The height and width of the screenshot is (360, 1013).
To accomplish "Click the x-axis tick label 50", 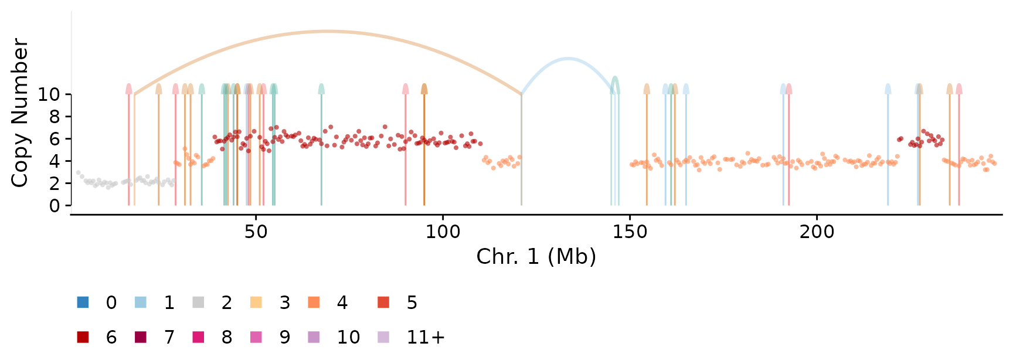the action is pyautogui.click(x=256, y=232).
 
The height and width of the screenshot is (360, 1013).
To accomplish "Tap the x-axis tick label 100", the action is pyautogui.click(x=443, y=232).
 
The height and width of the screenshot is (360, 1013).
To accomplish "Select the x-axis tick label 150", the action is pyautogui.click(x=630, y=232).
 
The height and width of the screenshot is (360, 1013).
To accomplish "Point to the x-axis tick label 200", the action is pyautogui.click(x=817, y=232).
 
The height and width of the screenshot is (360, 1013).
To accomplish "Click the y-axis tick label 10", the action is pyautogui.click(x=49, y=94).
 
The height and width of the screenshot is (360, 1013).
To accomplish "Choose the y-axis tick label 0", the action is pyautogui.click(x=55, y=206).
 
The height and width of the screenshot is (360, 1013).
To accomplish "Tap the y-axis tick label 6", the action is pyautogui.click(x=55, y=139).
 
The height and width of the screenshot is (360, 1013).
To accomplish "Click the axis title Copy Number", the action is pyautogui.click(x=19, y=113).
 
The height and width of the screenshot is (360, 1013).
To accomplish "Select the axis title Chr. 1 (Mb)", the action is pyautogui.click(x=536, y=257).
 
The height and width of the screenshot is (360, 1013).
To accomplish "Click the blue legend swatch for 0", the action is pyautogui.click(x=83, y=303).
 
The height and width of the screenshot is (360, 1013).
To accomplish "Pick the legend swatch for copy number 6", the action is pyautogui.click(x=83, y=337).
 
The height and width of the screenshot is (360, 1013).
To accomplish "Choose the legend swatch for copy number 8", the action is pyautogui.click(x=198, y=337).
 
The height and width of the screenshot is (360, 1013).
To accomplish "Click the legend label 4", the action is pyautogui.click(x=342, y=303).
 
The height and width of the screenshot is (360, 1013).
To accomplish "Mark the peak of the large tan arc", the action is pyautogui.click(x=328, y=31).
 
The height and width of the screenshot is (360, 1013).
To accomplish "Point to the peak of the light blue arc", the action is pyautogui.click(x=567, y=59).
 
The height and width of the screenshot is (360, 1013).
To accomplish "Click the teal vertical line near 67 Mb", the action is pyautogui.click(x=321, y=150).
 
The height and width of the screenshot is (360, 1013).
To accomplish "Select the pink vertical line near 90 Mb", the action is pyautogui.click(x=406, y=150).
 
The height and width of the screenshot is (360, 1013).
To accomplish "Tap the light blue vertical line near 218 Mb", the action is pyautogui.click(x=888, y=150).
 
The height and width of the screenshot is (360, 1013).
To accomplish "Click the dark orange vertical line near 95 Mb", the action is pyautogui.click(x=424, y=150).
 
